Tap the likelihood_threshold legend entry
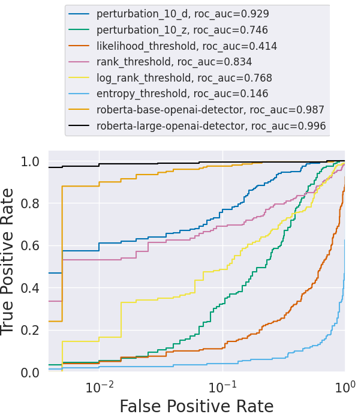186,45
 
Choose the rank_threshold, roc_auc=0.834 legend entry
174,61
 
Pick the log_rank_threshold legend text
184,77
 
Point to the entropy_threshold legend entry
182,94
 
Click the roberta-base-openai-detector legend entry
210,110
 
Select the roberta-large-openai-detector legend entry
211,126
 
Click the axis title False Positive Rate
197,405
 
